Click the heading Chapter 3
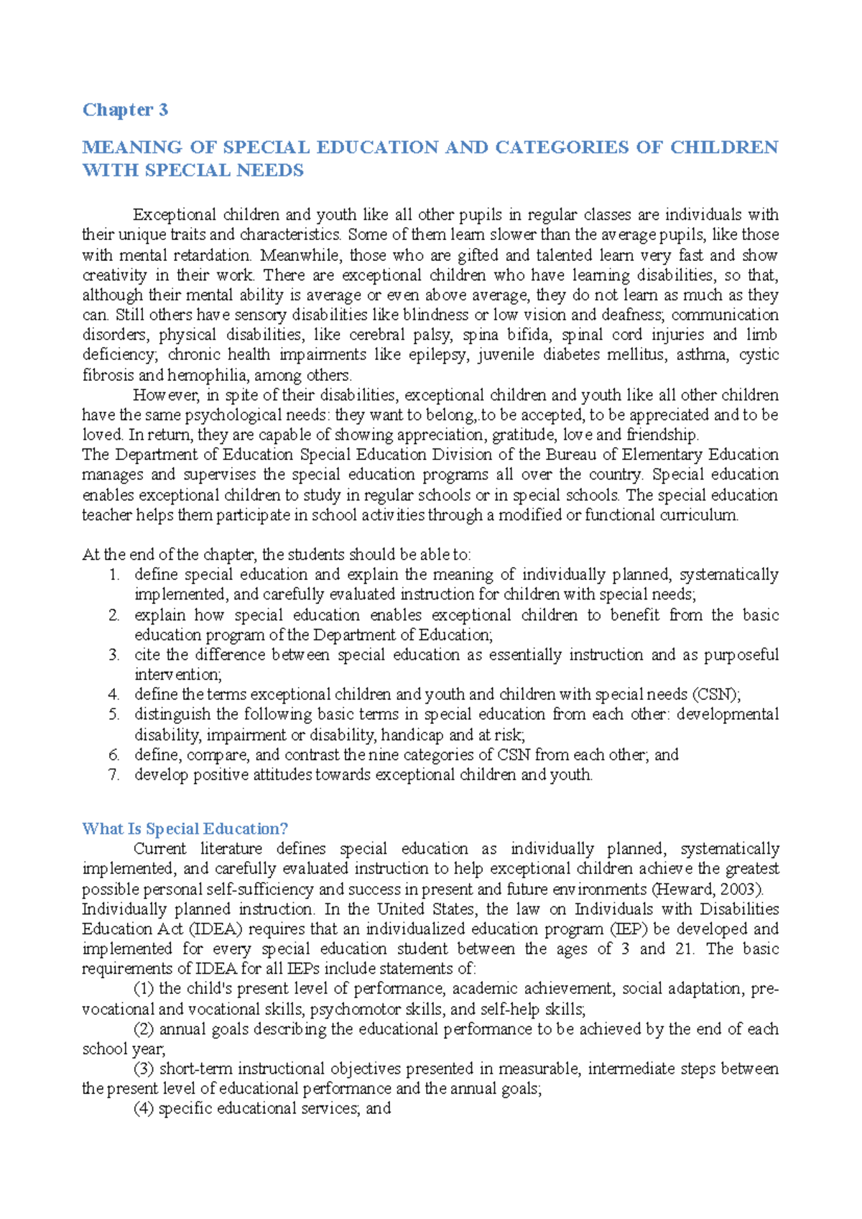(125, 110)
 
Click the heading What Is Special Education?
(185, 829)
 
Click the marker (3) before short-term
(144, 1069)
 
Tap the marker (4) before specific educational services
(144, 1108)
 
